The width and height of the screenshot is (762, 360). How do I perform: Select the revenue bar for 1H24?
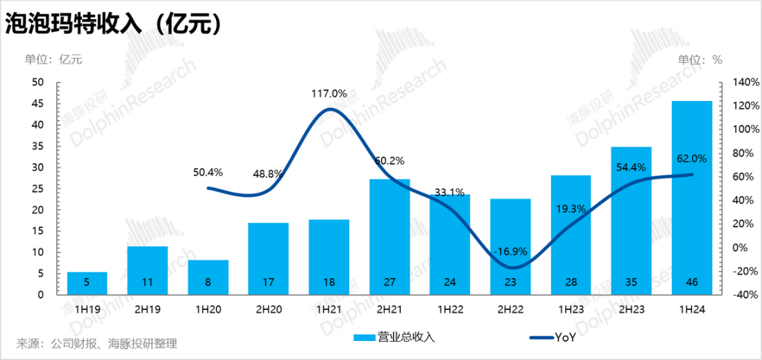(691, 198)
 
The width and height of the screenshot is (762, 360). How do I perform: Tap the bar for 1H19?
(87, 283)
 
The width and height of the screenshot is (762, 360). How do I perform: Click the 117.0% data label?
(329, 93)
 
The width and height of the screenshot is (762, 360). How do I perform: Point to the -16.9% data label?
(510, 251)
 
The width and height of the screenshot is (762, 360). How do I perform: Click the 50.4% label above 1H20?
(207, 172)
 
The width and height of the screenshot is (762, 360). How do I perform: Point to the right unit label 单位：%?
(700, 59)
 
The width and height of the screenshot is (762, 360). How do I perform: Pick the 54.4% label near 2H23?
(631, 167)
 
